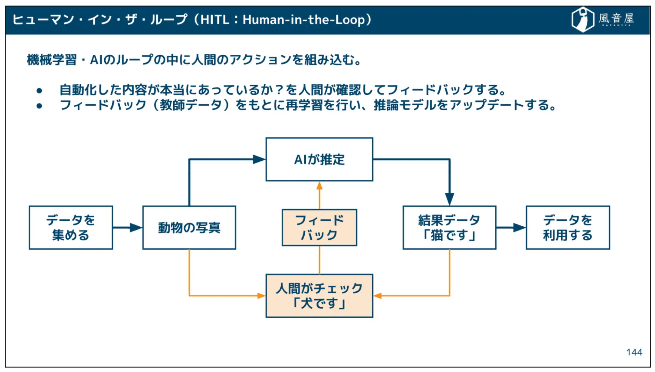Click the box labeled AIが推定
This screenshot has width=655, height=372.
[319, 159]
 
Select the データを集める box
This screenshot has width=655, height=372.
[71, 227]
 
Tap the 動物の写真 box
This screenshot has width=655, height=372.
[189, 227]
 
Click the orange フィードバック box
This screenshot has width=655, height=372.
[319, 227]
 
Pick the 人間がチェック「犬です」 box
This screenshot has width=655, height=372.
[319, 296]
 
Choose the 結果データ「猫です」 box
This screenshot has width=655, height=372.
[449, 227]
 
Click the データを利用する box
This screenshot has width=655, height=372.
[567, 227]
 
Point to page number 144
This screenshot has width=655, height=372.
[634, 352]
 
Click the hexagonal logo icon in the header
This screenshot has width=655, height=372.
[583, 19]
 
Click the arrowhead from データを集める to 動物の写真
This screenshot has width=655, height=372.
[136, 228]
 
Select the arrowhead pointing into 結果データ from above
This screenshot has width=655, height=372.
[449, 199]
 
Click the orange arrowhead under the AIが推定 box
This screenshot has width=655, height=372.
[319, 186]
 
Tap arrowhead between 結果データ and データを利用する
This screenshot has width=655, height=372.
[519, 228]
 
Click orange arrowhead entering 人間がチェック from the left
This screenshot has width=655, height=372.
[261, 296]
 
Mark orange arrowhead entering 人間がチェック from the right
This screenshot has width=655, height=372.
[378, 296]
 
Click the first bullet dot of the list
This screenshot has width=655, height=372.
[39, 91]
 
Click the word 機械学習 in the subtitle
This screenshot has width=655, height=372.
[52, 60]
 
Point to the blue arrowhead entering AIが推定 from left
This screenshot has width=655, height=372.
[259, 159]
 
